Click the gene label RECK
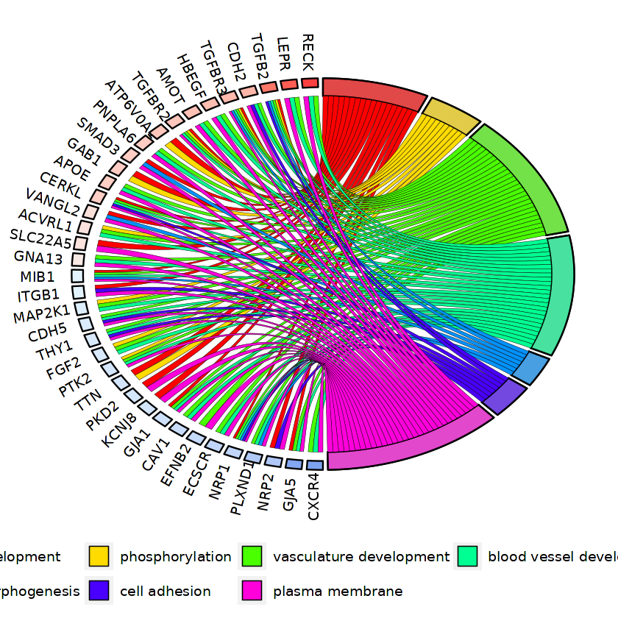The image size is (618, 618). (x=308, y=52)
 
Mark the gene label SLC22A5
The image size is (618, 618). (x=41, y=238)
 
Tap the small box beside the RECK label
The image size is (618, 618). (x=310, y=83)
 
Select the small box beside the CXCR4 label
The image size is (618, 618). (x=315, y=465)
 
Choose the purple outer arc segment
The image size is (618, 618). (x=505, y=397)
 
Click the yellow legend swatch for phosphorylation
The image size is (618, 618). (x=99, y=556)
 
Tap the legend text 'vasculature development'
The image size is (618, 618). (x=360, y=557)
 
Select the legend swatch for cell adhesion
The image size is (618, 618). (x=99, y=591)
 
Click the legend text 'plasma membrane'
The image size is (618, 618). (x=338, y=592)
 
